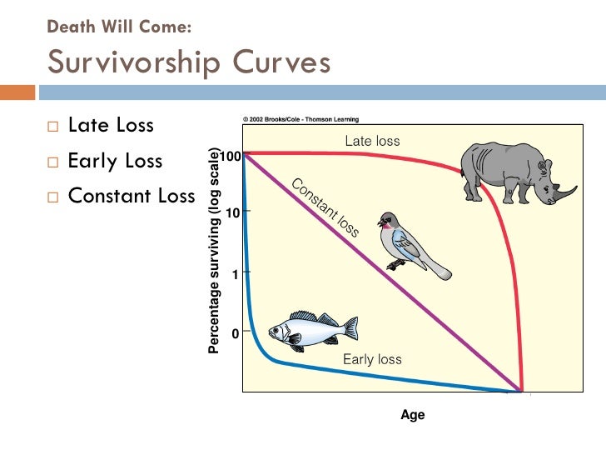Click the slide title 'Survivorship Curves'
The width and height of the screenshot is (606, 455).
pyautogui.click(x=189, y=62)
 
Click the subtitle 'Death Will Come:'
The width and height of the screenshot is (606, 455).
pyautogui.click(x=120, y=27)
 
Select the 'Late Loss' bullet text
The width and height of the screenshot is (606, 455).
pyautogui.click(x=111, y=126)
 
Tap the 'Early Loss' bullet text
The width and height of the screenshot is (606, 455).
pyautogui.click(x=115, y=161)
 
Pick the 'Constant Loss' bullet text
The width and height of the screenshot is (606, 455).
pyautogui.click(x=131, y=197)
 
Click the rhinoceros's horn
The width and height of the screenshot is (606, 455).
pyautogui.click(x=566, y=193)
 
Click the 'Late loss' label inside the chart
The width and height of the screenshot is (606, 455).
pyautogui.click(x=372, y=141)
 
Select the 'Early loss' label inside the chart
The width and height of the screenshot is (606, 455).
pyautogui.click(x=372, y=359)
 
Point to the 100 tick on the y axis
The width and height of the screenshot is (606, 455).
pyautogui.click(x=231, y=156)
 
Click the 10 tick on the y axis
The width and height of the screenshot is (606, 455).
pyautogui.click(x=232, y=212)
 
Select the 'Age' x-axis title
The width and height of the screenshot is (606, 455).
pyautogui.click(x=413, y=415)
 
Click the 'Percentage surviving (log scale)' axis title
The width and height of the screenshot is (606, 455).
pyautogui.click(x=214, y=250)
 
